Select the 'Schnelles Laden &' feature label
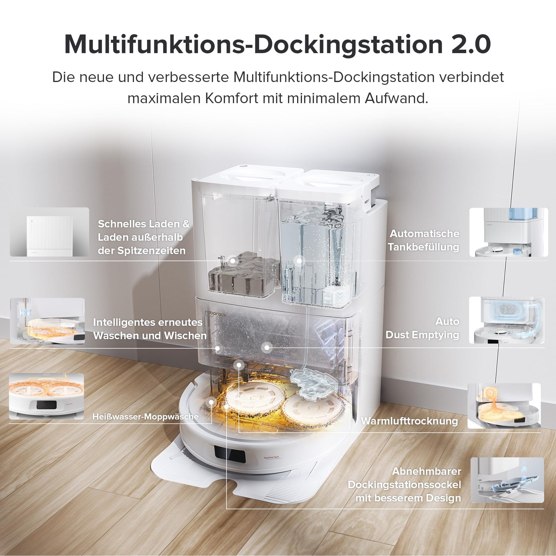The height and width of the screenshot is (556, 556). pos(144,224)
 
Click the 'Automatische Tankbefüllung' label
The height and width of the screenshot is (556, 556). pos(424,240)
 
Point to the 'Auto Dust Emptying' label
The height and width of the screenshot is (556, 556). pos(423,328)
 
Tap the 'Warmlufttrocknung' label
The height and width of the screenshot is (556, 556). pos(409,421)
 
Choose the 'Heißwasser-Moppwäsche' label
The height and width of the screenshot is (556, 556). pos(145,416)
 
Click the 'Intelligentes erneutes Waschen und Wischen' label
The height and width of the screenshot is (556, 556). pos(150,329)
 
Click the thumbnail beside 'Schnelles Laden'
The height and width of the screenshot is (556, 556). pos(49,232)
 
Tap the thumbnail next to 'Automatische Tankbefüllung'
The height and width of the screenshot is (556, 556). pos(509,232)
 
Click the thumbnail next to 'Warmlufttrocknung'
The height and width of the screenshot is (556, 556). pos(504,406)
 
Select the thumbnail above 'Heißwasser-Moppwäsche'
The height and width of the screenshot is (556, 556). pos(46,397)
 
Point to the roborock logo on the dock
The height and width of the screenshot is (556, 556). pos(215,313)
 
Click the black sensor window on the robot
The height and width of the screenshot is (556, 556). pos(230,454)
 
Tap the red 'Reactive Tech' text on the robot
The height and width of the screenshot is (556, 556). pos(271,457)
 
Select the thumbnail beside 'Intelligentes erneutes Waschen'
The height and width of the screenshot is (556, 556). pos(47,321)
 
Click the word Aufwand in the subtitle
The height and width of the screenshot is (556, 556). pos(397,98)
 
